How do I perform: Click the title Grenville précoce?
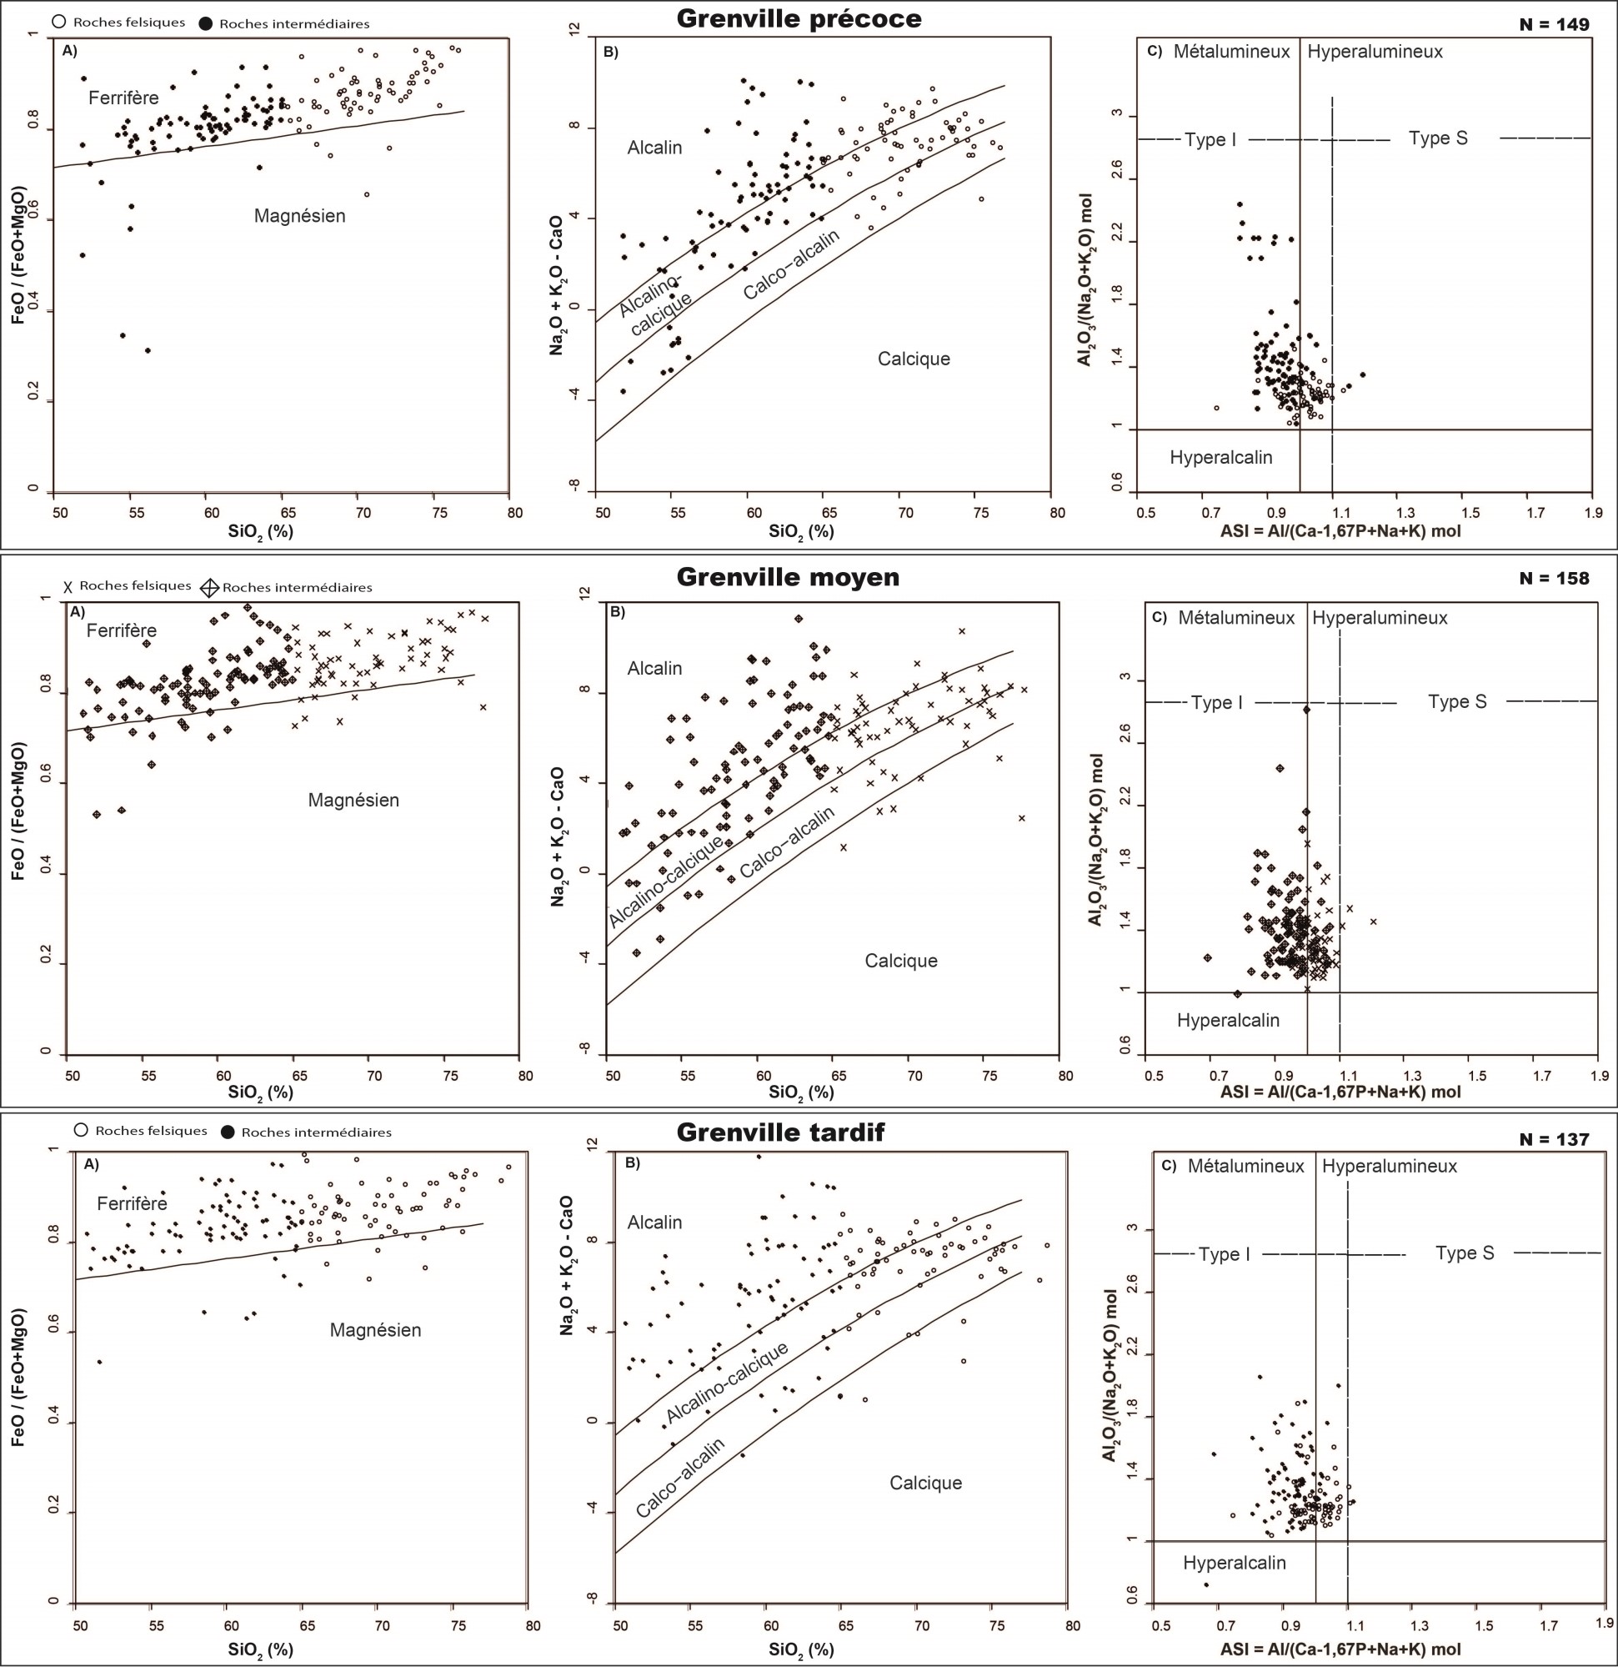799,18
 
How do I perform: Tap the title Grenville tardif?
780,1132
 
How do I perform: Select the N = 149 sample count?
1553,25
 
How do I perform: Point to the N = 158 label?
1553,579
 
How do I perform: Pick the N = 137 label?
1553,1140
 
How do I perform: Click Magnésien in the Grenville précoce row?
300,216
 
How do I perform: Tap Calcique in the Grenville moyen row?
901,961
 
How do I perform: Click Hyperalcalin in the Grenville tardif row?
1235,1563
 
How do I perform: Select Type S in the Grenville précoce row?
1438,138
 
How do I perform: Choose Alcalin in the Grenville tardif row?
654,1223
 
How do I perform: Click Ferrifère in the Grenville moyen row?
122,630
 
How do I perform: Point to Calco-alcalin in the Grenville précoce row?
792,264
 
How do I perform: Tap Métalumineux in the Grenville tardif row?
1245,1167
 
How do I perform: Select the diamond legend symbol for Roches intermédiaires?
209,588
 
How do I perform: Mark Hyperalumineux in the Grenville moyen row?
1380,618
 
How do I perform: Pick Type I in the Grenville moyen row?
1217,703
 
